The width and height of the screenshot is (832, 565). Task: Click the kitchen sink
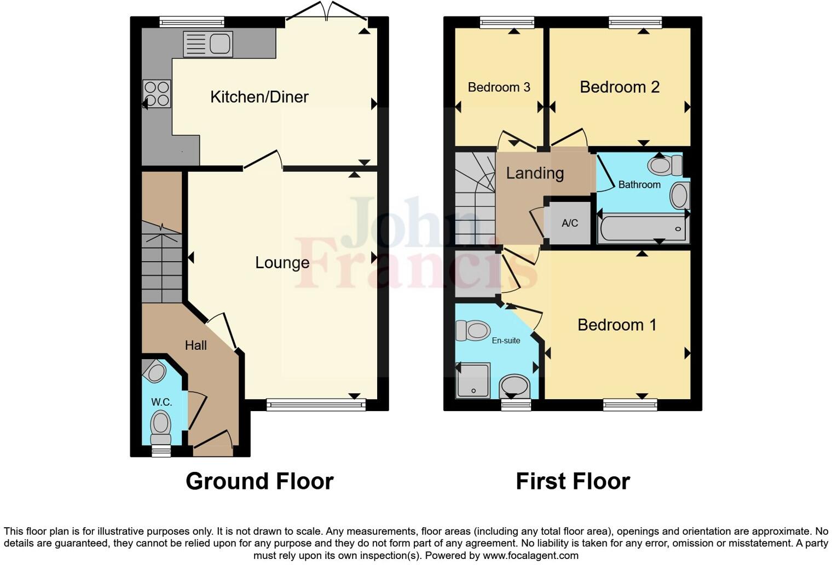pos(208,44)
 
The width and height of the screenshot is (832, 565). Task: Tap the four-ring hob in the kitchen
pos(157,94)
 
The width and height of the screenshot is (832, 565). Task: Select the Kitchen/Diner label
pos(259,97)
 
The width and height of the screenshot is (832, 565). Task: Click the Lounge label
pos(282,262)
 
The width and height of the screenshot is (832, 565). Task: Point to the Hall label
pos(195,345)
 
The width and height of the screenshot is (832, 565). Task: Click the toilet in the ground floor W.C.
pos(160,426)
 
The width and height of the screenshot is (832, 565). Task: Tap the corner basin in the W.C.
pos(155,372)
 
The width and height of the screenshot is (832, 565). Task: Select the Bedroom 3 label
pos(499,87)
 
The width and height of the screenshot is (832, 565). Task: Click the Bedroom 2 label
pos(619,87)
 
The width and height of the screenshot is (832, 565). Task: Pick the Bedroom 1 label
pos(616,325)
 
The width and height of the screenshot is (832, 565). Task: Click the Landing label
pos(534,173)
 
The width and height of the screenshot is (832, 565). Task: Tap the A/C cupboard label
pos(569,223)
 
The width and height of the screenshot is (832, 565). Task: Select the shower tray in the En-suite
pos(473,380)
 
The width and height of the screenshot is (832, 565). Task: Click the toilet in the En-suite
pos(473,330)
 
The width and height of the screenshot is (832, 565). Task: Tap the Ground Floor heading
pos(259,481)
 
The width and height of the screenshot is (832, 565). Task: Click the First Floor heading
pos(573,481)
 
